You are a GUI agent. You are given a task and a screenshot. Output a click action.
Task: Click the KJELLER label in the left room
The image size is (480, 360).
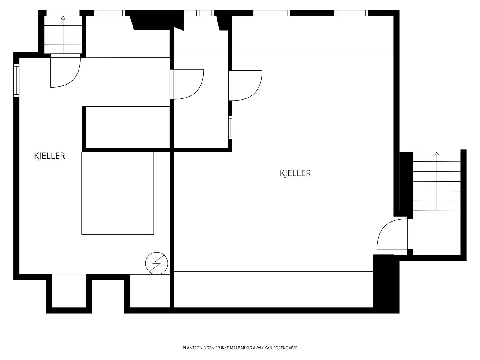tap(49, 156)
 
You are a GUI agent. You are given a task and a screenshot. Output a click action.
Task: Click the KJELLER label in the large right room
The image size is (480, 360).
tap(295, 173)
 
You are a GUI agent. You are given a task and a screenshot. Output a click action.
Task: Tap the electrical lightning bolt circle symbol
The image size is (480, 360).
tap(157, 263)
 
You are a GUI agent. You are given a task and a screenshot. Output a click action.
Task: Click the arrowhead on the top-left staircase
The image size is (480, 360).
tap(63, 18)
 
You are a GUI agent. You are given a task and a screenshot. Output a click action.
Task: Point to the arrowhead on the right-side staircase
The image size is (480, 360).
tap(437, 154)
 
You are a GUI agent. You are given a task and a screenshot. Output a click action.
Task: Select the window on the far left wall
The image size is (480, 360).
tap(16, 80)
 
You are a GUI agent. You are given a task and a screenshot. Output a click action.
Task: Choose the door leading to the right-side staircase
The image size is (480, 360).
tap(395, 234)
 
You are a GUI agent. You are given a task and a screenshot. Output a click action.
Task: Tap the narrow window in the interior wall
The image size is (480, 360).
tap(230, 127)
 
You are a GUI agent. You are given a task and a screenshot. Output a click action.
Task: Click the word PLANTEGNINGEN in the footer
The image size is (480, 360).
tap(199, 348)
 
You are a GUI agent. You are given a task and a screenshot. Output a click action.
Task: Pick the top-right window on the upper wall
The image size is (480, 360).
tap(351, 13)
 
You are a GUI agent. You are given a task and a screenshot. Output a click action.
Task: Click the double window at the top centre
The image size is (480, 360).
tap(199, 13)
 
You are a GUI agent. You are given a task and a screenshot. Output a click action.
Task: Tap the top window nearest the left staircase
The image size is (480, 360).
tap(110, 13)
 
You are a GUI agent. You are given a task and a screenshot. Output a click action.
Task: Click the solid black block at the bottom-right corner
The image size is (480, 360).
tap(386, 284)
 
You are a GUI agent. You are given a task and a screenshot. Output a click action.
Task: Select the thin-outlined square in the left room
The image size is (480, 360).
tap(118, 193)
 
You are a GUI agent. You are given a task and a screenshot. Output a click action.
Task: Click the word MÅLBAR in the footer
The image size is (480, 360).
tap(238, 348)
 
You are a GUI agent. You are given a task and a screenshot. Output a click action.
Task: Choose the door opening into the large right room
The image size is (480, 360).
tap(245, 85)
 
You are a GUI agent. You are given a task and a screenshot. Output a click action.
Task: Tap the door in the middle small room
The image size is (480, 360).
tap(187, 84)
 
